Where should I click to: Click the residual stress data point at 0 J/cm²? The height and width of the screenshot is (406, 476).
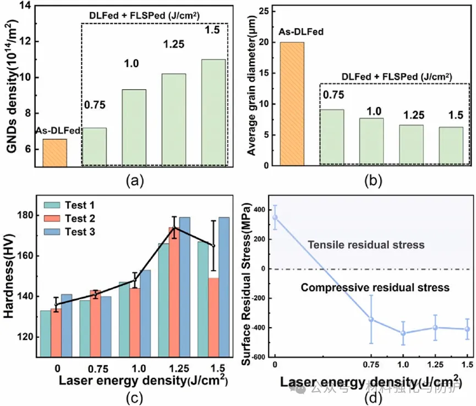pos(275,218)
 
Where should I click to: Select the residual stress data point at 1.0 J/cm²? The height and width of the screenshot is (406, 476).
pos(403,333)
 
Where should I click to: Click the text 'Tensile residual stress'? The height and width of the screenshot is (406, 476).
pos(366,245)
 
